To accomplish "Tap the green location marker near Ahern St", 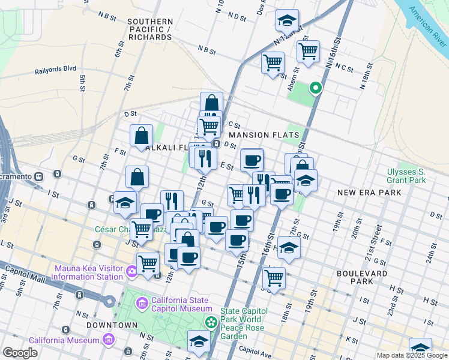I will coord(314,88).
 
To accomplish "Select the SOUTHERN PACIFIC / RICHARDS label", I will coord(150,29).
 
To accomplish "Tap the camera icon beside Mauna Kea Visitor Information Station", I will coord(131,272).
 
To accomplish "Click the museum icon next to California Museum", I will coord(109,340).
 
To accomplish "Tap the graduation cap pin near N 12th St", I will coord(287,20).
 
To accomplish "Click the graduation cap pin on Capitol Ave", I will coord(199,341).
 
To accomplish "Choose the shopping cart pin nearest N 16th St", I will coord(308,51).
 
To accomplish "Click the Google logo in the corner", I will coord(20,353).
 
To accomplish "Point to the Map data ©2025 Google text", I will coord(412,355).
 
